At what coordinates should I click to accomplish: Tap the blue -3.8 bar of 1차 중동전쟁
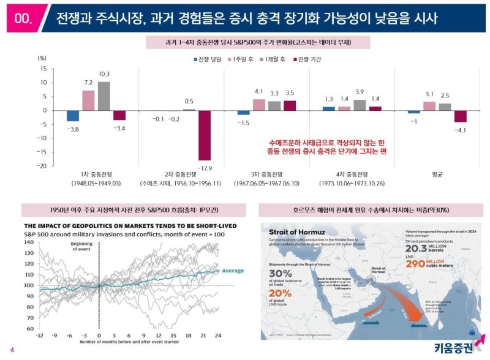73,116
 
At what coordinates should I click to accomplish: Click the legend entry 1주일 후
243,59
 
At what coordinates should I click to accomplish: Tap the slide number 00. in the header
23,18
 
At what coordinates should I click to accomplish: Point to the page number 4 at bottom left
12,350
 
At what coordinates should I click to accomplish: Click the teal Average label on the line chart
233,271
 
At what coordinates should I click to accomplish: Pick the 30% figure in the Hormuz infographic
280,273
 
